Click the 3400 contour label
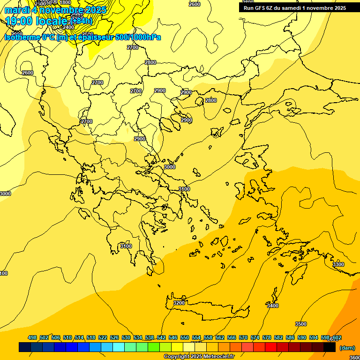pos(272,306)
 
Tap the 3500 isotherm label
pos(301,324)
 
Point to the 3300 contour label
pos(338,264)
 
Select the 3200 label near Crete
pos(179,303)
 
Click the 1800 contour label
pos(65,2)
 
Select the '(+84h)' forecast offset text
pos(81,21)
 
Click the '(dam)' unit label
pos(347,347)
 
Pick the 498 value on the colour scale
pos(32,337)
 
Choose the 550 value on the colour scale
pos(185,337)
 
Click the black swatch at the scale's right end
pos(330,347)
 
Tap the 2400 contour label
pos(68,27)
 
